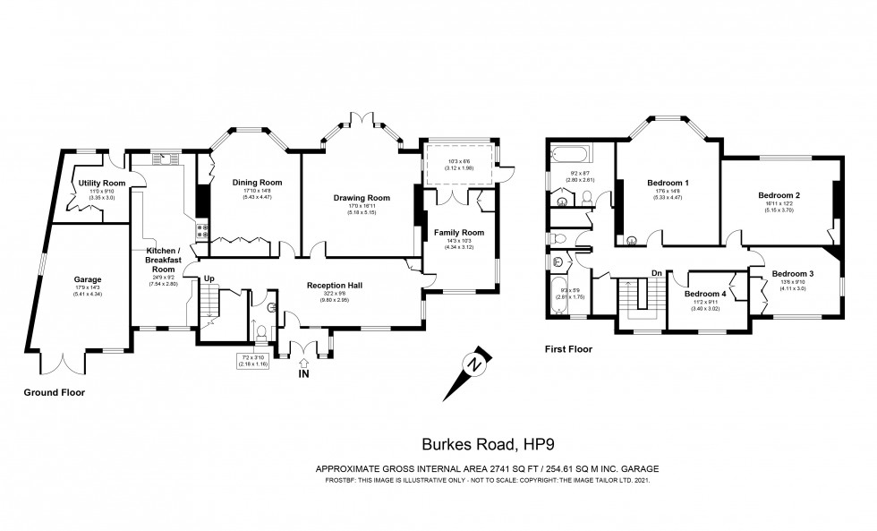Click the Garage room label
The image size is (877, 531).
point(88,279)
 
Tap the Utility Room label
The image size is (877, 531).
point(101,184)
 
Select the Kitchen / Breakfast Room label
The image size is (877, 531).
point(163,259)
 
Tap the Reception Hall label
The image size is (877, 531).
point(334,285)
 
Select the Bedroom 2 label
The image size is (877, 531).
point(779,195)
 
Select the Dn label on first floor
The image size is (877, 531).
point(656,272)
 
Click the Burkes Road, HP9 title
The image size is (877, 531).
point(469,442)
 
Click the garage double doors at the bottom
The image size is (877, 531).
point(68,363)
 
